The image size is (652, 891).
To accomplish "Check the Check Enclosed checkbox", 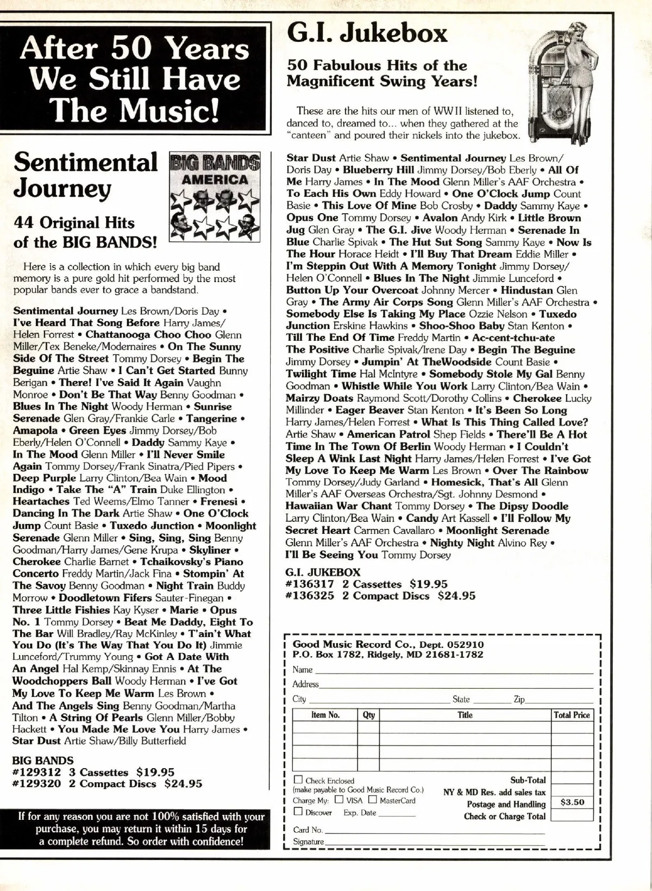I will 298,780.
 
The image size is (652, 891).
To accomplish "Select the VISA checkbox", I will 339,800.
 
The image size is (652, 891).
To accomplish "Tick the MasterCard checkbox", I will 373,800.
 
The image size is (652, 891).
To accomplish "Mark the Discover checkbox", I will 298,812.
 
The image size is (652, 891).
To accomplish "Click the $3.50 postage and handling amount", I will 572,802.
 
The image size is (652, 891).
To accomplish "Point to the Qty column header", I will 368,715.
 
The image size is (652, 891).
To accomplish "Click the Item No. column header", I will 325,715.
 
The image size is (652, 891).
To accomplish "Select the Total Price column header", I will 572,715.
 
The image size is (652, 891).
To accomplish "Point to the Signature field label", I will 308,842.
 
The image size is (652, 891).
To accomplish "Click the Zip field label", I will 519,699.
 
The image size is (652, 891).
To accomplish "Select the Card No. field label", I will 308,830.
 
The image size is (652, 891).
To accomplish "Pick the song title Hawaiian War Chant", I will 338,506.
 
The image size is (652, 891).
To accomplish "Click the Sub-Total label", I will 528,780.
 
